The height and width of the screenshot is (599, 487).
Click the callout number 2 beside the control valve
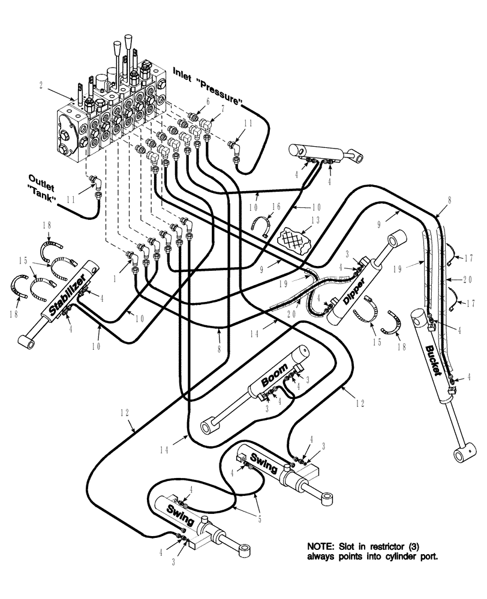40,86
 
